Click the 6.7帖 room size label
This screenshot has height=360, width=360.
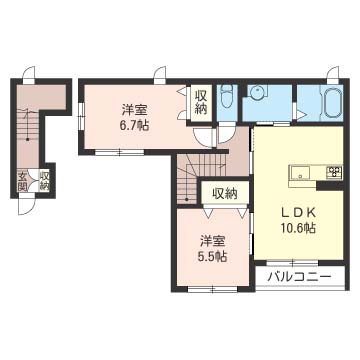(x=135, y=126)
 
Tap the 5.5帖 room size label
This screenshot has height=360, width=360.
(x=214, y=256)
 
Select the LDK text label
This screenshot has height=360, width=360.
(x=298, y=212)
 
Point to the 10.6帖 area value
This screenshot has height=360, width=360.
(x=298, y=228)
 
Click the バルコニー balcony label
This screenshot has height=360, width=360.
(x=300, y=276)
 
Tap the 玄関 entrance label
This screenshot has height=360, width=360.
(x=23, y=181)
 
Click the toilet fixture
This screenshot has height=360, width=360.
(x=227, y=96)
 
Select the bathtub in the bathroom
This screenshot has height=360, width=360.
(x=331, y=101)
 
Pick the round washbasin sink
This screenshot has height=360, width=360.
(x=257, y=91)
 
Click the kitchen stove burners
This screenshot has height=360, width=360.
(x=334, y=172)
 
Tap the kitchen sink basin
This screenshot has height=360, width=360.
(x=300, y=173)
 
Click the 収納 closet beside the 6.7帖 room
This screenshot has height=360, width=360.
(x=201, y=103)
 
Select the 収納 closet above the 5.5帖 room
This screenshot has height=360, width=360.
(x=225, y=193)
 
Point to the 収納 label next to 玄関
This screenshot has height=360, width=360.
(x=45, y=181)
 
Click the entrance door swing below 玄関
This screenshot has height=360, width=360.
(x=26, y=206)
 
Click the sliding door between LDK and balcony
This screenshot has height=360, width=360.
(x=293, y=262)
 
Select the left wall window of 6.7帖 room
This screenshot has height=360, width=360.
(x=81, y=116)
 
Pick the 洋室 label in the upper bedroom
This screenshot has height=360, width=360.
(x=135, y=110)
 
